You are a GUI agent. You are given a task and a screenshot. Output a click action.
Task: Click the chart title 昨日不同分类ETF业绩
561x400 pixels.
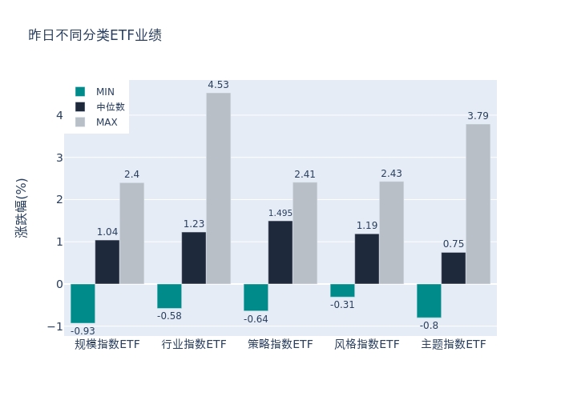[x=95, y=35]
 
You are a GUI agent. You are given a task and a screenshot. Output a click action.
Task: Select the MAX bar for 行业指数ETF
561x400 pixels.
[x=218, y=188]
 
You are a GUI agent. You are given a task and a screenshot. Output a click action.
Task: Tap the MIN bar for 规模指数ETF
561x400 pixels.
[x=83, y=303]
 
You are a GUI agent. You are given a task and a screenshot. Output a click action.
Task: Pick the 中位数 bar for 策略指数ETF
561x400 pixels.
[x=280, y=252]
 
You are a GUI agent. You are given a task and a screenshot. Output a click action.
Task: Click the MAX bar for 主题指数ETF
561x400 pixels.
[x=478, y=204]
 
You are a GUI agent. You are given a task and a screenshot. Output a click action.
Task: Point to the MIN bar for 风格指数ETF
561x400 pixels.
[x=342, y=290]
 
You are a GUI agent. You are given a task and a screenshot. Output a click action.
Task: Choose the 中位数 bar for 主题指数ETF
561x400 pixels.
[x=454, y=268]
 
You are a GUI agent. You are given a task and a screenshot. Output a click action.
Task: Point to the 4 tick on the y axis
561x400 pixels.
[x=59, y=115]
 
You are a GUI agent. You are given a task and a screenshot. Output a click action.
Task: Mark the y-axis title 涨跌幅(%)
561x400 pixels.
[x=22, y=207]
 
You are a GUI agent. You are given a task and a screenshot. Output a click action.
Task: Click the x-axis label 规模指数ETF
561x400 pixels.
[x=107, y=345]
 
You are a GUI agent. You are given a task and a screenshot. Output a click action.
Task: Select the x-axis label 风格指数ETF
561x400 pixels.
[x=367, y=345]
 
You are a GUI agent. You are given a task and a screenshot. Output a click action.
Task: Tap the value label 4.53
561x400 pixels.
[x=218, y=85]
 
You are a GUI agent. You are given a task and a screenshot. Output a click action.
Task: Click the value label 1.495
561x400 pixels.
[x=280, y=213]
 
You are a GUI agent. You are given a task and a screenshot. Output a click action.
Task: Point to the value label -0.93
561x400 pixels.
[x=83, y=331]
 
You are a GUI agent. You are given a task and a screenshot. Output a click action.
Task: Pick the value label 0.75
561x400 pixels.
[x=454, y=244]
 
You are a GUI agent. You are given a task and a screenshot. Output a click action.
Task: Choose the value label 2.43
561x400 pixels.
[x=391, y=174]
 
